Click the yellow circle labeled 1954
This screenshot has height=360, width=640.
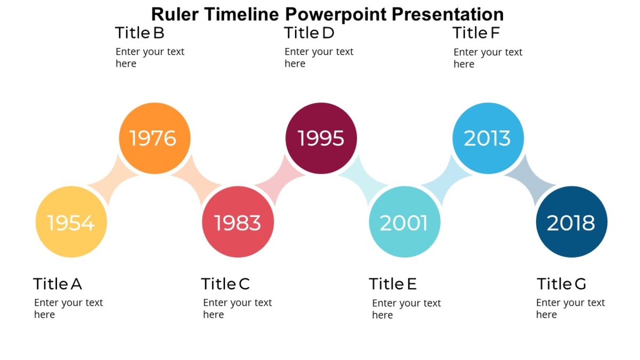pyautogui.click(x=71, y=222)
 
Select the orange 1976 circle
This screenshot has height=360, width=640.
pyautogui.click(x=155, y=138)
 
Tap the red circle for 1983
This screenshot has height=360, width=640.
pyautogui.click(x=238, y=222)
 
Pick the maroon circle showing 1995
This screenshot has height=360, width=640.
pyautogui.click(x=321, y=138)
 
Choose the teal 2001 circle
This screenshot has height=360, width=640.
pyautogui.click(x=404, y=222)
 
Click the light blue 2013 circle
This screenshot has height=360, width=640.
pyautogui.click(x=487, y=138)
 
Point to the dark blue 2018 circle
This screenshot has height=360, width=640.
pyautogui.click(x=571, y=222)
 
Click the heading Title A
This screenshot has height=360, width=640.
pyautogui.click(x=58, y=284)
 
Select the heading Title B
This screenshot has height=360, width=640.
pyautogui.click(x=140, y=33)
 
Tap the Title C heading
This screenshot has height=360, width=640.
pyautogui.click(x=226, y=284)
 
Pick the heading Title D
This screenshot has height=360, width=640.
pyautogui.click(x=309, y=33)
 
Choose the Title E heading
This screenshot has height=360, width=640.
pyautogui.click(x=393, y=284)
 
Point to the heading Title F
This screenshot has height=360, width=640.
pyautogui.click(x=476, y=33)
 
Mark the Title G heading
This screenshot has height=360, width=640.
pyautogui.click(x=561, y=284)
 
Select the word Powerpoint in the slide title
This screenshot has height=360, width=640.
pyautogui.click(x=336, y=14)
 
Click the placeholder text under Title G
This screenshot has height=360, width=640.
pyautogui.click(x=570, y=308)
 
